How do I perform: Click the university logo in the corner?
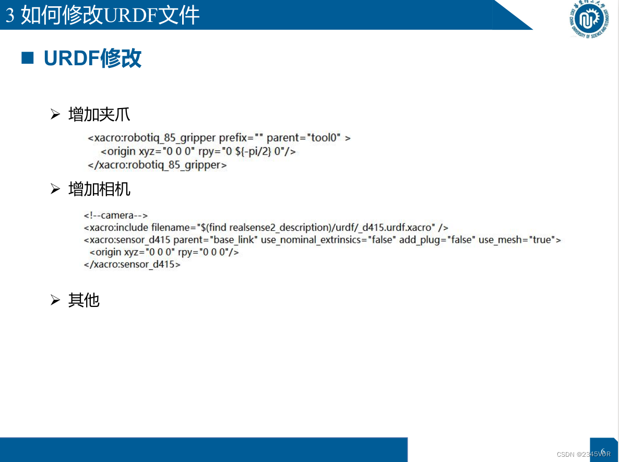589,19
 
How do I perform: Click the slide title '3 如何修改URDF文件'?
103,15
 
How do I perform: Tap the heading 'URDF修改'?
92,58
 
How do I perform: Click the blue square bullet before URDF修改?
27,58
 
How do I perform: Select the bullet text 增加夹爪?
99,114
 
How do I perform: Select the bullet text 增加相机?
99,189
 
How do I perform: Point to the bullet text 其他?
84,300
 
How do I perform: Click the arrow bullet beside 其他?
55,300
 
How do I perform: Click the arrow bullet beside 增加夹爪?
55,114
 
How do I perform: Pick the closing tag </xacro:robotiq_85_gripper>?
157,165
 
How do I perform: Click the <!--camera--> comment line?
116,215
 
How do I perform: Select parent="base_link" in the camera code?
216,240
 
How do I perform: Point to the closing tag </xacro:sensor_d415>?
132,264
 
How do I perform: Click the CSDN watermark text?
583,454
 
